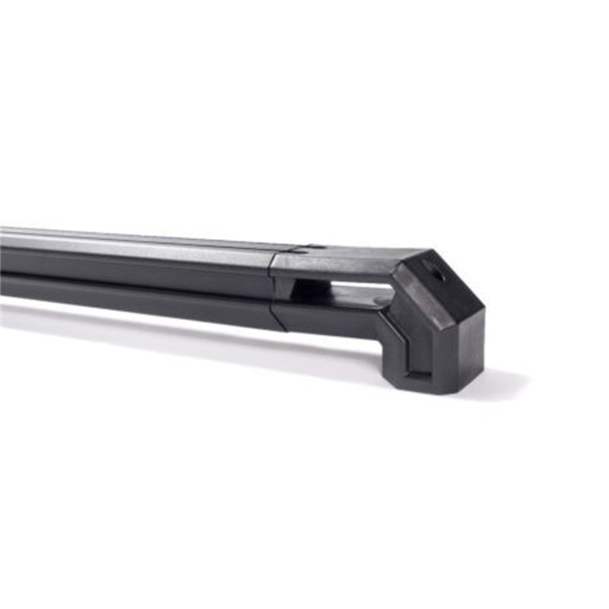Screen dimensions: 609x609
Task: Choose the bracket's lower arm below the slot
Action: (335, 316)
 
